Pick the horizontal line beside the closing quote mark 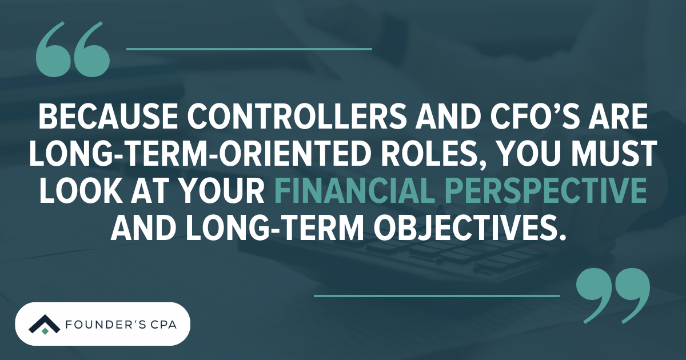[436, 296]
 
